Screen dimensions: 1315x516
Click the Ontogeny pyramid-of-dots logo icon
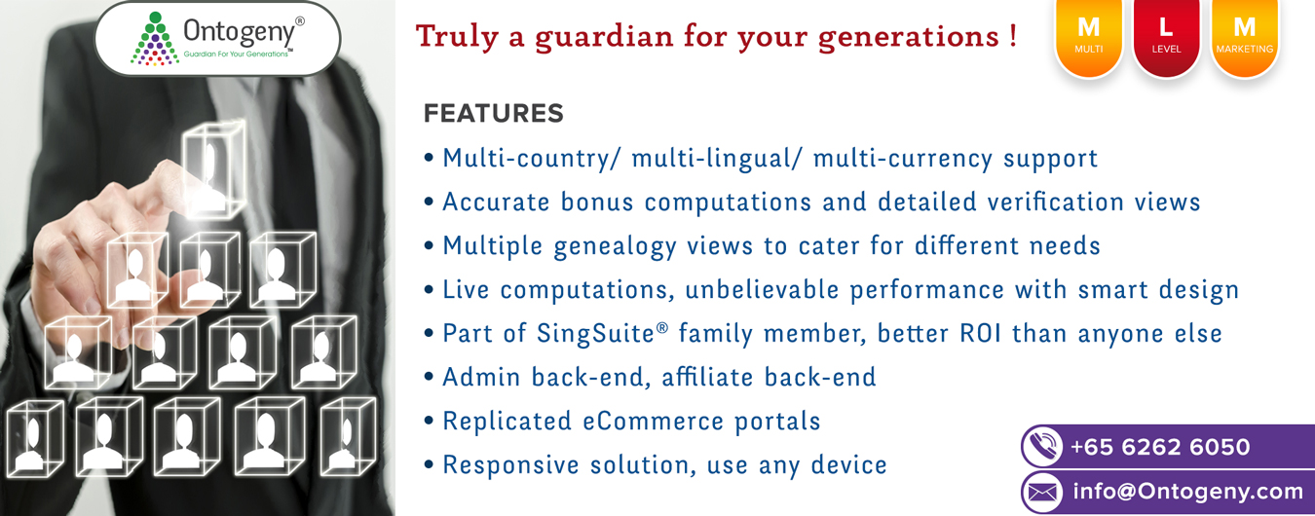[x=155, y=39]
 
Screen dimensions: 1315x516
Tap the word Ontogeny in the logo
[x=239, y=32]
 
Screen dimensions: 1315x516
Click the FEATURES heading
[x=494, y=113]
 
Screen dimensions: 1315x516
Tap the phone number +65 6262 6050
[x=1160, y=447]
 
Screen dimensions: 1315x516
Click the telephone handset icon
[x=1042, y=447]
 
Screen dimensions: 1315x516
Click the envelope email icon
[x=1042, y=492]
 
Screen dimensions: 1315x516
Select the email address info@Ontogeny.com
[x=1188, y=492]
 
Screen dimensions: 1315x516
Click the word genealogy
[x=615, y=247]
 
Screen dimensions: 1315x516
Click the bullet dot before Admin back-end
[x=430, y=376]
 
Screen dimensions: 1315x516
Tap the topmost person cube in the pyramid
[x=213, y=169]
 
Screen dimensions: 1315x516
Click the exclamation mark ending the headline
[x=1013, y=36]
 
